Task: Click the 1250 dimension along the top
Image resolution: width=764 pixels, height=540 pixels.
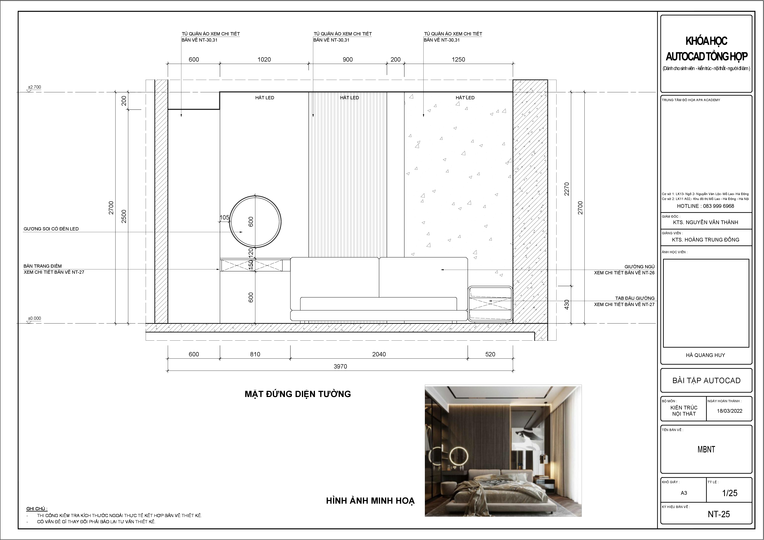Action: [x=458, y=60]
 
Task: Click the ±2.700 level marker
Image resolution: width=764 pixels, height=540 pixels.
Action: [x=34, y=87]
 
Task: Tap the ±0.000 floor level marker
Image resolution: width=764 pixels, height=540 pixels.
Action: [x=34, y=318]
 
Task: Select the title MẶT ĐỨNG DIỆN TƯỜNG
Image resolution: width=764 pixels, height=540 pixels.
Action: [x=298, y=394]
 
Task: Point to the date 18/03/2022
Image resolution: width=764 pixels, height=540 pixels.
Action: [x=729, y=411]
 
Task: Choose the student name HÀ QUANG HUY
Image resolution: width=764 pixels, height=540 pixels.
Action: [x=706, y=355]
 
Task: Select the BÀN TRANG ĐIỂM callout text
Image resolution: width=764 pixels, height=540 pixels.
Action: [x=43, y=266]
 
